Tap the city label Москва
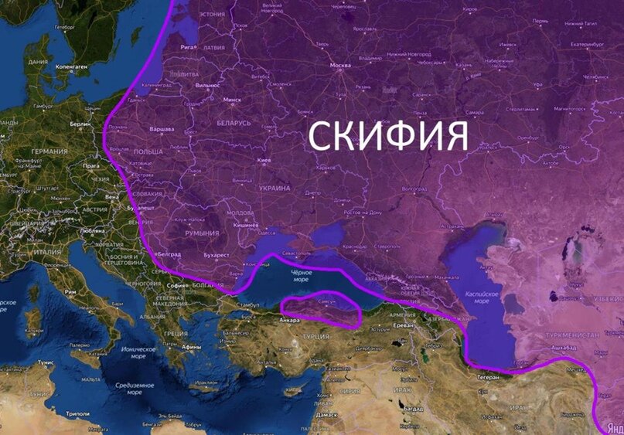coord(340,66)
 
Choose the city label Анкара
coord(290,320)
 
